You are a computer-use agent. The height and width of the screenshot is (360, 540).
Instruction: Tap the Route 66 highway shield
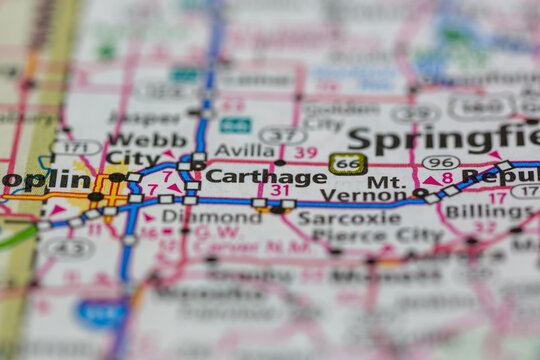click(x=348, y=164)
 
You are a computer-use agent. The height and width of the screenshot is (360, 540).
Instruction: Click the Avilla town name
click(x=245, y=151)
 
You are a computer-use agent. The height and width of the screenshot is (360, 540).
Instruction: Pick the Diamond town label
click(x=197, y=215)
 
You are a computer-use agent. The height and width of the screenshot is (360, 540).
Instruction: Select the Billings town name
click(x=489, y=212)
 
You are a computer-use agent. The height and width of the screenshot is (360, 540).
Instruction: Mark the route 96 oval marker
click(x=441, y=162)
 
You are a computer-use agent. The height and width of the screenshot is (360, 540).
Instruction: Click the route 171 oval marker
click(x=76, y=147)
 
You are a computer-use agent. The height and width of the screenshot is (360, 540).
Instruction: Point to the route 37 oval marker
click(x=282, y=135)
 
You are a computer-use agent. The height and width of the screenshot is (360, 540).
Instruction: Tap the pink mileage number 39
click(x=306, y=152)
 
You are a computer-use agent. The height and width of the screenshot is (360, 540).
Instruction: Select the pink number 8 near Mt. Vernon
click(x=447, y=178)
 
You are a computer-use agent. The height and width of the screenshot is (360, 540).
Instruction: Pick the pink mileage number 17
click(x=496, y=197)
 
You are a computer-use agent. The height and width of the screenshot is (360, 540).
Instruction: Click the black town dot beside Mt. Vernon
click(x=420, y=193)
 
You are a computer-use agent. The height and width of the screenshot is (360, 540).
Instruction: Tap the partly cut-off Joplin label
click(x=45, y=180)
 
